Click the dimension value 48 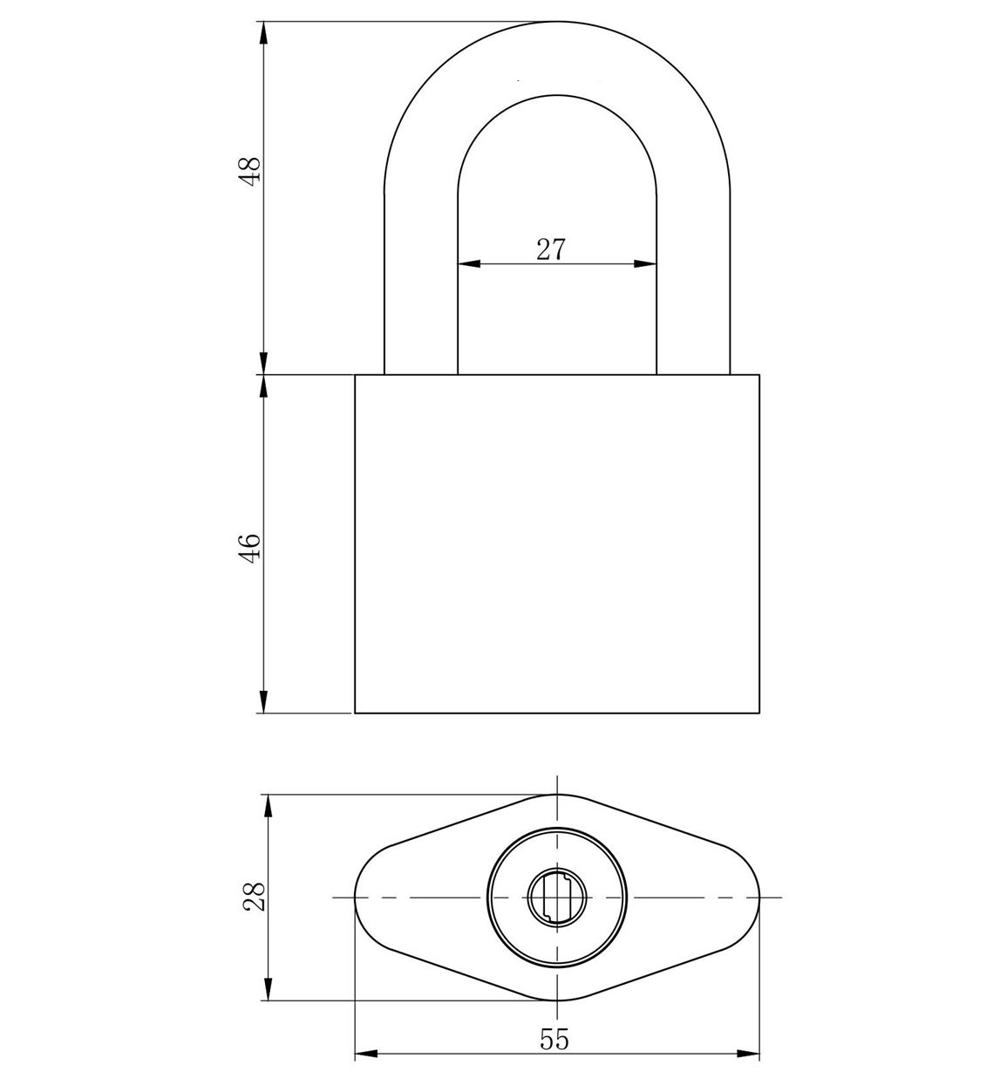pyautogui.click(x=251, y=171)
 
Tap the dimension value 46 pyautogui.click(x=251, y=549)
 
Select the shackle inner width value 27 pyautogui.click(x=551, y=249)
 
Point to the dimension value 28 pyautogui.click(x=255, y=897)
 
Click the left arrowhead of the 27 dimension pyautogui.click(x=468, y=264)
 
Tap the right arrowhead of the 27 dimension pyautogui.click(x=645, y=264)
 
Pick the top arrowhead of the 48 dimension pyautogui.click(x=264, y=33)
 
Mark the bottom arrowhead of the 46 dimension pyautogui.click(x=264, y=701)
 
